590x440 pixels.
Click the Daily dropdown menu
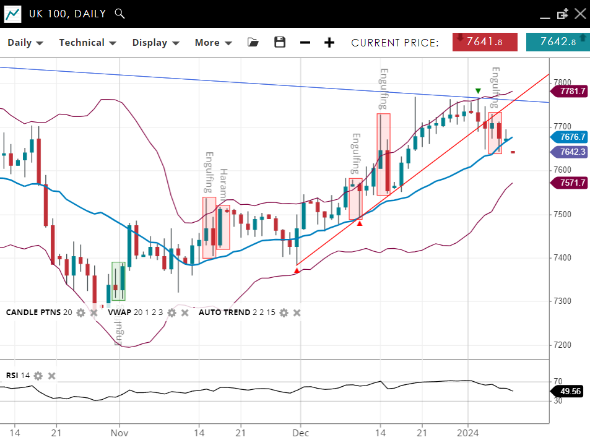tap(25, 43)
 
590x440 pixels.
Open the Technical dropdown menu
tap(87, 43)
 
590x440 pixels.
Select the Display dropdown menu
tap(155, 43)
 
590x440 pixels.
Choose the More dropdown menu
tap(213, 43)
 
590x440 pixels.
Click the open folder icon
tap(253, 42)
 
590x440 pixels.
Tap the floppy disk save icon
tap(280, 42)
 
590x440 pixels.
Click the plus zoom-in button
tap(329, 43)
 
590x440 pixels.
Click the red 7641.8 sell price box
tap(485, 42)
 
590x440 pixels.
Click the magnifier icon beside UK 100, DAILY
tap(120, 14)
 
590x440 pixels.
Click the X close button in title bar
tap(579, 14)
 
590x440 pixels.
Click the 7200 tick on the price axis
tap(563, 345)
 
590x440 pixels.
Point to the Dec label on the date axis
tap(300, 433)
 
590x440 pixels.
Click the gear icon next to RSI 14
tap(38, 376)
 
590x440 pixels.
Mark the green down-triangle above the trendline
tap(478, 92)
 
